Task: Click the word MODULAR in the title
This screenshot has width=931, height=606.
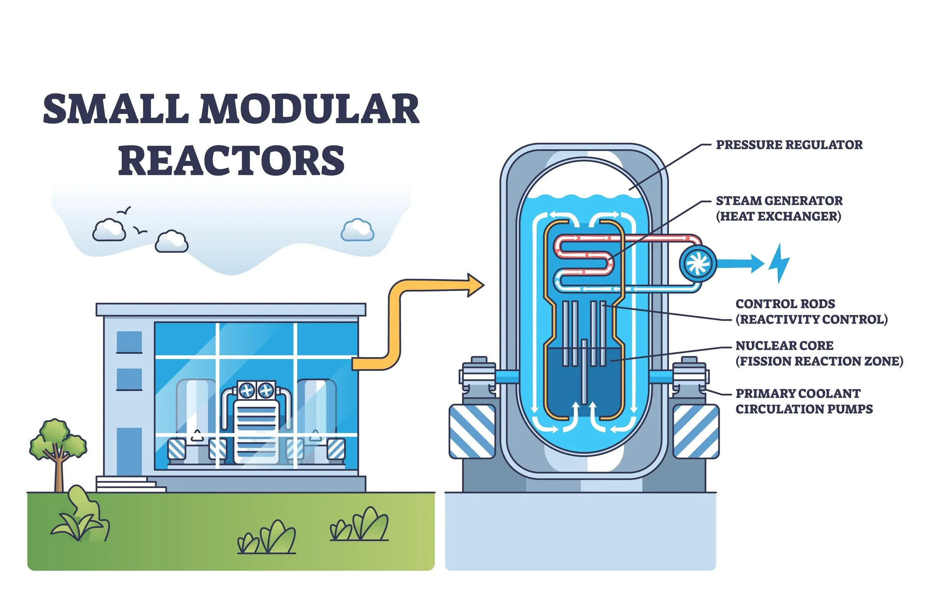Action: (x=309, y=109)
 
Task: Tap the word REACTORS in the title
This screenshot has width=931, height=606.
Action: (x=231, y=161)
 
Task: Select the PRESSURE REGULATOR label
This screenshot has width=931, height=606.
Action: (x=789, y=145)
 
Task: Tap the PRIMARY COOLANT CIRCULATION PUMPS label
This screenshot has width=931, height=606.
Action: (x=803, y=401)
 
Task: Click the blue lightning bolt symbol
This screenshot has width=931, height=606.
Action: (x=779, y=263)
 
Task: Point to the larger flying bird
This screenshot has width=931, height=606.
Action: (x=124, y=211)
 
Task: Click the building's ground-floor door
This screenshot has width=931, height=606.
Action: (x=129, y=451)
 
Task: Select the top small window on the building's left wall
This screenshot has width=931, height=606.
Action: (x=129, y=342)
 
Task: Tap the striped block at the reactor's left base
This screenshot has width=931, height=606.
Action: (x=472, y=432)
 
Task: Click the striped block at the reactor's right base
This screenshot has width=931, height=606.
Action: (x=695, y=432)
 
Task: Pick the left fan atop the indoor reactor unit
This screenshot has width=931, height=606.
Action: (x=247, y=390)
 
